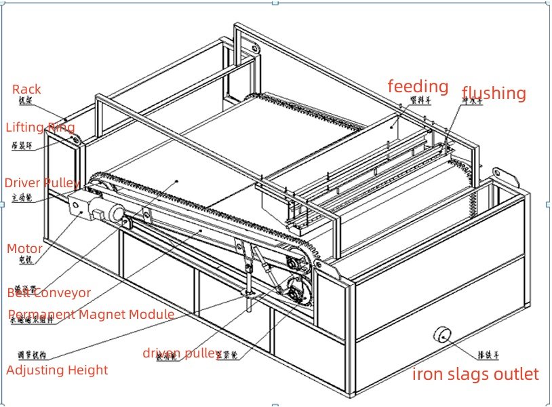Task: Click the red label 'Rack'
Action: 26,90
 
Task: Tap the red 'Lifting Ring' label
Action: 41,127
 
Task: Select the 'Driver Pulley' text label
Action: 42,183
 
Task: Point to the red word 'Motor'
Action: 24,249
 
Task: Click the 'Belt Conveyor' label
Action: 49,293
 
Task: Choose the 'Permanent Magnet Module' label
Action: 91,314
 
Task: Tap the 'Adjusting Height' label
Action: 57,370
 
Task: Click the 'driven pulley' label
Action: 182,353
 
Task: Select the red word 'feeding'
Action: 418,86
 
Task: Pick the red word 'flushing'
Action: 494,94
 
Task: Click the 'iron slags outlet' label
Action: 475,374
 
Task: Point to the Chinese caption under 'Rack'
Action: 26,102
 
